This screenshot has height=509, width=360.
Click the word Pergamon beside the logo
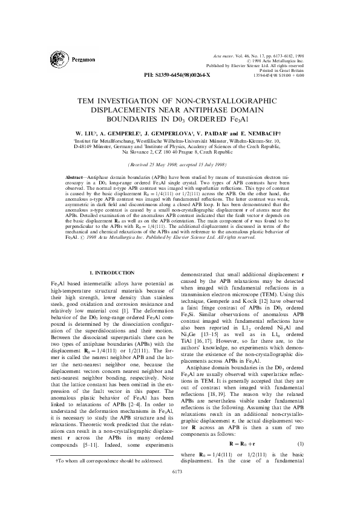82,60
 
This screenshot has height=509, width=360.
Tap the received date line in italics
180,164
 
